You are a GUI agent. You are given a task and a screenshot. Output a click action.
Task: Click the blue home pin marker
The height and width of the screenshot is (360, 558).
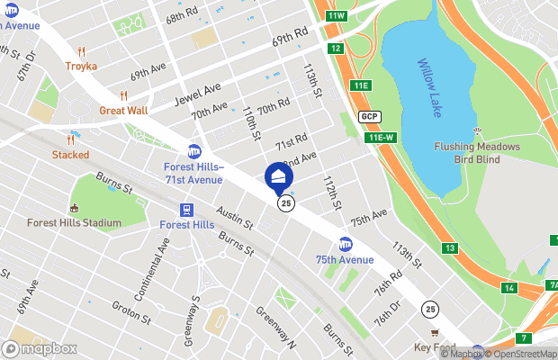point(278,175)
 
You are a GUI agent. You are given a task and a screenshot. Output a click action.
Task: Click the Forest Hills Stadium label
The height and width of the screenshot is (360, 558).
point(74,223)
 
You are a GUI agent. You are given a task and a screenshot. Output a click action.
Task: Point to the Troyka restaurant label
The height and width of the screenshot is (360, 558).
point(81,66)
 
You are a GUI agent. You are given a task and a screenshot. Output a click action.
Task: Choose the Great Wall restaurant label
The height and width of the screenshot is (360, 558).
point(124,111)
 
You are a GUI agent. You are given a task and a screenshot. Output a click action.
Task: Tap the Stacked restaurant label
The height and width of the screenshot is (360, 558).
point(70,154)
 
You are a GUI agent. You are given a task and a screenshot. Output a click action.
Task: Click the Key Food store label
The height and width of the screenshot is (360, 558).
point(434,347)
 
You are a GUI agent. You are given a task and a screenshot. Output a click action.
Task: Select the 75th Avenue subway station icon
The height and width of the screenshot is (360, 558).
point(346,244)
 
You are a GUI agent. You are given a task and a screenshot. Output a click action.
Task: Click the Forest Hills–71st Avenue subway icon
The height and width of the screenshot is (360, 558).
point(193,150)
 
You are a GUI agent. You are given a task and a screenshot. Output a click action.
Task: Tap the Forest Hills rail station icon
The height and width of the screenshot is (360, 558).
point(187,209)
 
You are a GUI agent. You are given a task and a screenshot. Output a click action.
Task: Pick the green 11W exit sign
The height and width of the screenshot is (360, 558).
point(337,15)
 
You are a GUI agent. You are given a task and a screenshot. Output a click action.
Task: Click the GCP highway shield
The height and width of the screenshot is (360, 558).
point(368,117)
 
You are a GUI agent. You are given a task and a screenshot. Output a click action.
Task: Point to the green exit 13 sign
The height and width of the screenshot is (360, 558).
point(449,247)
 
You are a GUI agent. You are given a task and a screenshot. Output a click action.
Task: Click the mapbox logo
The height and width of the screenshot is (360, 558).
point(40,348)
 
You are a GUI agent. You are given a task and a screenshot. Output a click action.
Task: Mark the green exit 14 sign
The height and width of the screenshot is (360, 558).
point(509,288)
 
